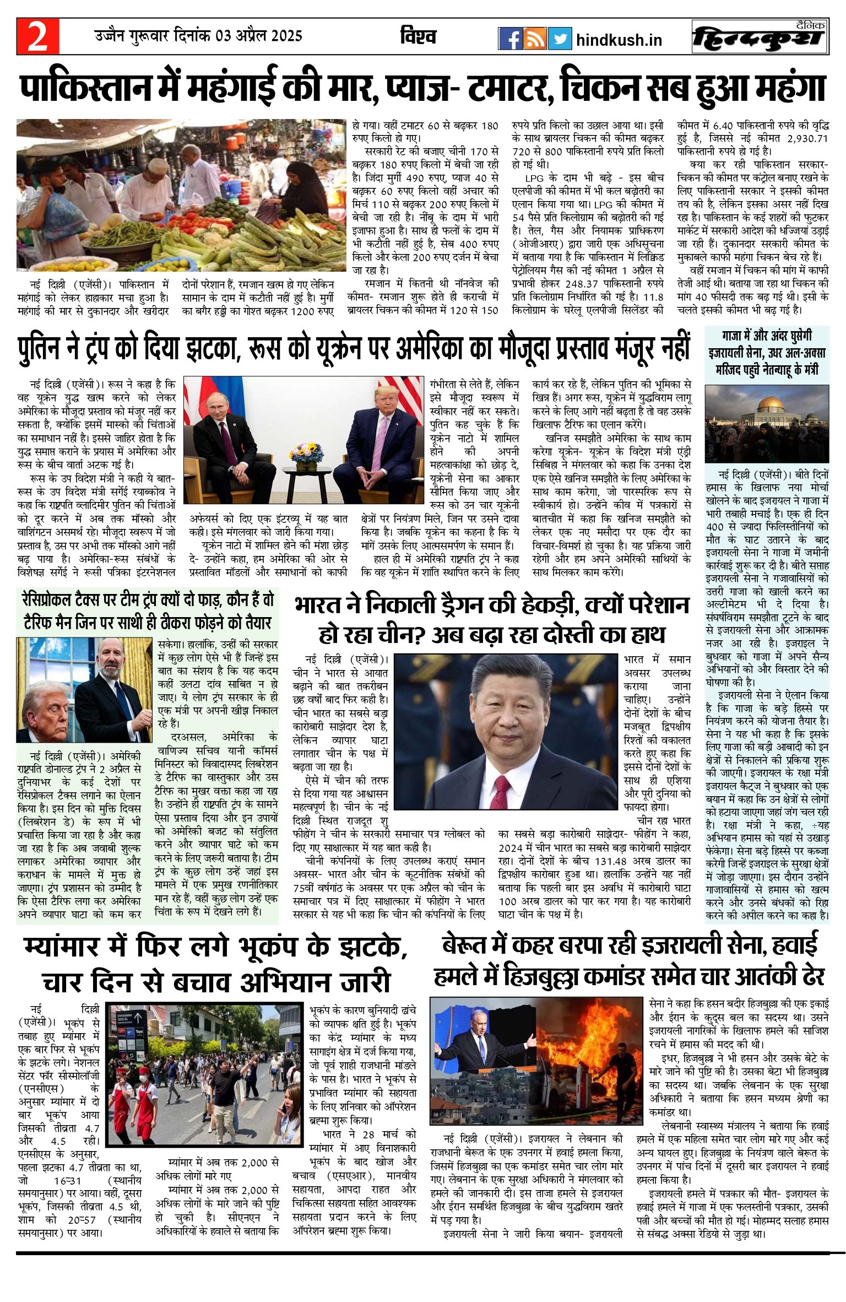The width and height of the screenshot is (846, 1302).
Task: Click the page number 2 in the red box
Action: (x=37, y=37)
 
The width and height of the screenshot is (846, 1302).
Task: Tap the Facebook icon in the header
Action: (x=509, y=39)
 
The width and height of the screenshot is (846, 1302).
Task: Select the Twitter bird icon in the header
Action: (x=560, y=39)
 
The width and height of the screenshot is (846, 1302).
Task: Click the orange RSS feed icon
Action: (x=535, y=39)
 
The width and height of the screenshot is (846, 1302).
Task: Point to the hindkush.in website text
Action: (x=619, y=40)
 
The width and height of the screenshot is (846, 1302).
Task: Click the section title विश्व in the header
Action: (x=418, y=37)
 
